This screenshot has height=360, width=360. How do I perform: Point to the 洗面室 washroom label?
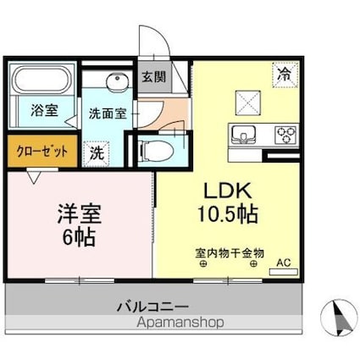108,110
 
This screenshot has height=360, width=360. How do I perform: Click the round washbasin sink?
117,81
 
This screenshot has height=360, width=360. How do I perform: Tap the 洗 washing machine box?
97,152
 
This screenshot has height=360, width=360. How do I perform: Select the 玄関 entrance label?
154,76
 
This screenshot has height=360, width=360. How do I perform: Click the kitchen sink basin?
244,135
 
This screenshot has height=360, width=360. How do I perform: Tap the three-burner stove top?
285,135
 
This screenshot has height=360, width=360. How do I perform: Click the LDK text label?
223,188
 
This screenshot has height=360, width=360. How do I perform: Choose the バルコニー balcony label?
152,306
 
